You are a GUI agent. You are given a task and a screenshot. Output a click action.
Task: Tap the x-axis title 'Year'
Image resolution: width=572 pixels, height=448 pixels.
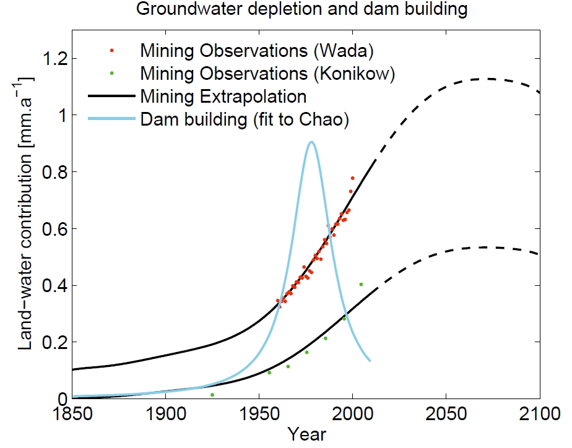coord(307,434)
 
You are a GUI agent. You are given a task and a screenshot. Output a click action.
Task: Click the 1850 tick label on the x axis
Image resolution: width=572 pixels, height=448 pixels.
coord(72,413)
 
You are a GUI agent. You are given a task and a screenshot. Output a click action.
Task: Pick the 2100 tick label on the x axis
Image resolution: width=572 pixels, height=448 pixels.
coord(540,413)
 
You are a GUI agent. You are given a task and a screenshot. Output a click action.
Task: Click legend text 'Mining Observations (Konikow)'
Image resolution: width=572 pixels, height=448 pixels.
coord(267,73)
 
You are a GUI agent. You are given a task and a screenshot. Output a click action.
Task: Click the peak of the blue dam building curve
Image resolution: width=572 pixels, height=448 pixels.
coord(311,142)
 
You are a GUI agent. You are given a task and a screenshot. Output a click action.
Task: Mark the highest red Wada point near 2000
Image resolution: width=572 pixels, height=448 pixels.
coord(353,178)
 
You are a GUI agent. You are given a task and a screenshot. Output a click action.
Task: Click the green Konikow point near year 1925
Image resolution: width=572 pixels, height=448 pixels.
coord(212,394)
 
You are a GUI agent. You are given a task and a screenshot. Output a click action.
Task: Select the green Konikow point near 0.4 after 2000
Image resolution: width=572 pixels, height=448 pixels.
coord(361,285)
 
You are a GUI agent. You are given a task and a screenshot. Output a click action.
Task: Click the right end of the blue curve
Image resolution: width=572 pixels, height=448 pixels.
coord(370,360)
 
